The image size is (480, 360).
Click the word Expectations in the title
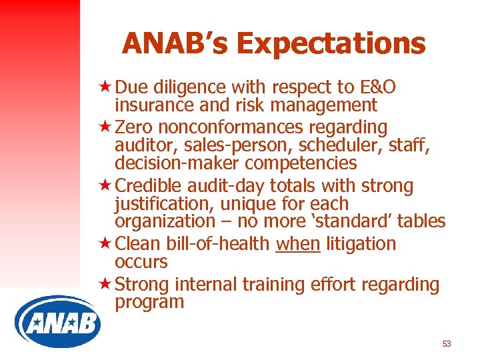331,43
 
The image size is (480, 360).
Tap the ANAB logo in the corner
57,323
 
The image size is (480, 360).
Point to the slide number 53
446,344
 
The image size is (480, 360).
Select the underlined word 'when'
298,244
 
